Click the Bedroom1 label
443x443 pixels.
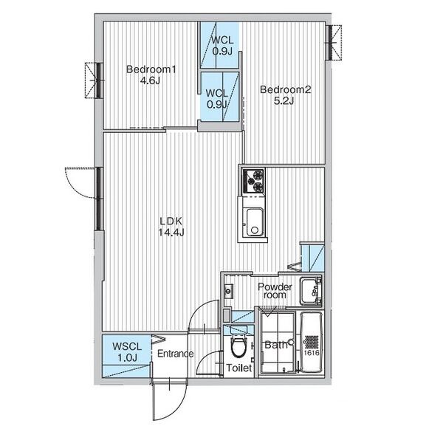151,69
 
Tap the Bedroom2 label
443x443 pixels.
285,89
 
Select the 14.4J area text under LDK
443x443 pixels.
171,233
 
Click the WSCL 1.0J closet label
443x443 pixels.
127,352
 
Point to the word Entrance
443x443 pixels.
175,354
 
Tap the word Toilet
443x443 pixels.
238,368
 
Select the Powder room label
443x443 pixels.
275,291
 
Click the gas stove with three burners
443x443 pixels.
253,181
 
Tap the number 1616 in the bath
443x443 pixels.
312,353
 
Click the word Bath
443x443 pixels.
275,345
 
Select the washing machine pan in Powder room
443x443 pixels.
311,292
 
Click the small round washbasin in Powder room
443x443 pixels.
228,291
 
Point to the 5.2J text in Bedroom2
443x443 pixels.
284,100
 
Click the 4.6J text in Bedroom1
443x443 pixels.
150,80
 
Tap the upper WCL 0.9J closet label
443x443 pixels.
223,46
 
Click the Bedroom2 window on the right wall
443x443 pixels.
334,43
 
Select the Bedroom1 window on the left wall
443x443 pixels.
94,80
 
